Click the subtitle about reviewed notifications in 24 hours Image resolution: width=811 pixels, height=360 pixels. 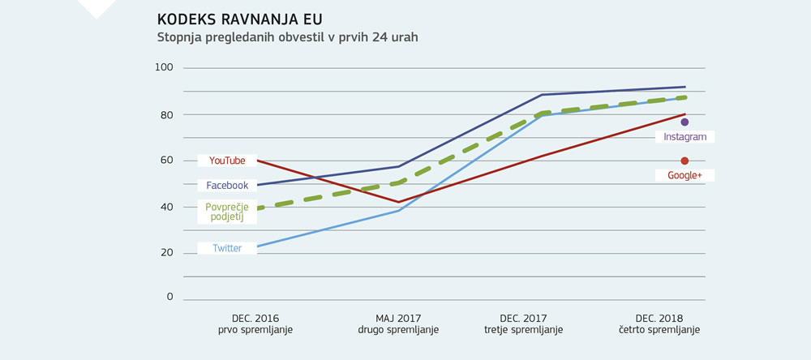(287, 37)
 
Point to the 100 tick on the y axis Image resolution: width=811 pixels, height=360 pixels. (165, 67)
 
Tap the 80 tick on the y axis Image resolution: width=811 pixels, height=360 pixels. (166, 115)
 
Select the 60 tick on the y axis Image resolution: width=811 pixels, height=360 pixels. (166, 161)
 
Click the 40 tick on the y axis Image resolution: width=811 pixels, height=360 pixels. (166, 207)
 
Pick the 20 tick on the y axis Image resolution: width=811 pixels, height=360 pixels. (166, 252)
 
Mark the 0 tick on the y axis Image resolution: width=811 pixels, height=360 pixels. (169, 297)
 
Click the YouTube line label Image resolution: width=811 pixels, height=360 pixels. (227, 161)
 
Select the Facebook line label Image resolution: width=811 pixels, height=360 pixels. (227, 186)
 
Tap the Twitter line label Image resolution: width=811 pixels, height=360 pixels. (227, 248)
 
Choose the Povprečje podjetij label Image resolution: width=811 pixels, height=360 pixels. (227, 212)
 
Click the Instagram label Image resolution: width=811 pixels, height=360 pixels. (685, 137)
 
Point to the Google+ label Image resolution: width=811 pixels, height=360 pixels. (685, 175)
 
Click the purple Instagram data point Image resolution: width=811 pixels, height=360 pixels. (684, 122)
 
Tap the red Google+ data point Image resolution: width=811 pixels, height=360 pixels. (684, 161)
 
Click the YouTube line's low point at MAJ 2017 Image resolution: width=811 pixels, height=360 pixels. (399, 202)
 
